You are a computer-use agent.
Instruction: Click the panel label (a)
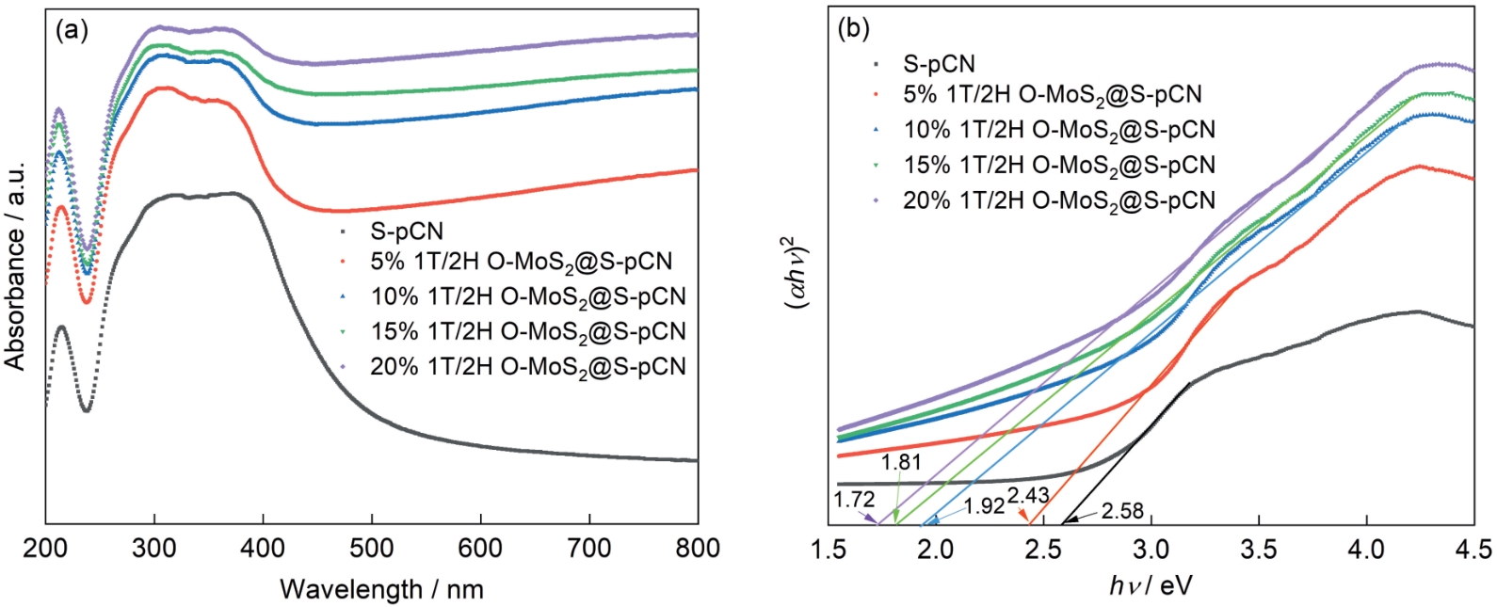72,30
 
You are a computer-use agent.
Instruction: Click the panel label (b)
853,28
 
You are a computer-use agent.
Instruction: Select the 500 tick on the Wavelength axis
372,548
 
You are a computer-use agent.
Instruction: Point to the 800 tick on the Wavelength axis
698,548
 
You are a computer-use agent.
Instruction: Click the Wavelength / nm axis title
381,590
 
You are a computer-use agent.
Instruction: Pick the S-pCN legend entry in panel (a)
406,232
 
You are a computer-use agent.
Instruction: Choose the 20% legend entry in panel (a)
527,367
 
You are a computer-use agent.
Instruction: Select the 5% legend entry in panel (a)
521,261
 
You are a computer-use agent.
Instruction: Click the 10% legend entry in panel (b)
1058,130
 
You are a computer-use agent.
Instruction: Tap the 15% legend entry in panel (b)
1058,166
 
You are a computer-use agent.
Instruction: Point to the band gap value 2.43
1028,496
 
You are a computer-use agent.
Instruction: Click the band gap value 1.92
984,506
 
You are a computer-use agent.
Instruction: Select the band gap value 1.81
901,462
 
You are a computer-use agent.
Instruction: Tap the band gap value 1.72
854,499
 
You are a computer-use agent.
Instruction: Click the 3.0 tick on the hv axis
1150,548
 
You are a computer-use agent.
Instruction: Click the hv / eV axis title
1151,586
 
